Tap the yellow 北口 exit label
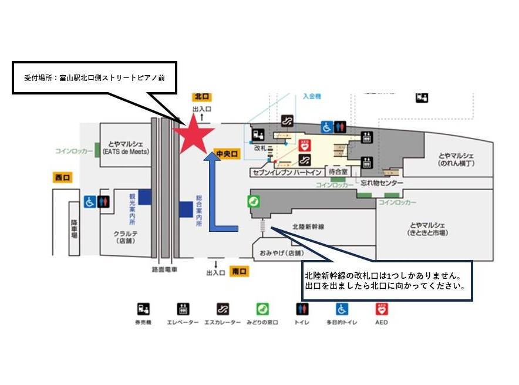pyautogui.click(x=201, y=96)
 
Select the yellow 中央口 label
pyautogui.click(x=227, y=154)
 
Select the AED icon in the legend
pyautogui.click(x=382, y=309)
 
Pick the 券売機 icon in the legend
pyautogui.click(x=143, y=309)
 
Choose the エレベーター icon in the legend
pyautogui.click(x=183, y=309)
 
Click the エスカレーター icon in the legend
pyautogui.click(x=223, y=309)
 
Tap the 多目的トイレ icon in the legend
pyautogui.click(x=342, y=309)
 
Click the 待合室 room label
pyautogui.click(x=338, y=173)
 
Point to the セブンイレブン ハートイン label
pyautogui.click(x=285, y=173)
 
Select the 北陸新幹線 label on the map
pyautogui.click(x=309, y=226)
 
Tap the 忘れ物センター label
pyautogui.click(x=382, y=183)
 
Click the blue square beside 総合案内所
pyautogui.click(x=186, y=208)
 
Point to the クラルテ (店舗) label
pyautogui.click(x=125, y=237)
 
